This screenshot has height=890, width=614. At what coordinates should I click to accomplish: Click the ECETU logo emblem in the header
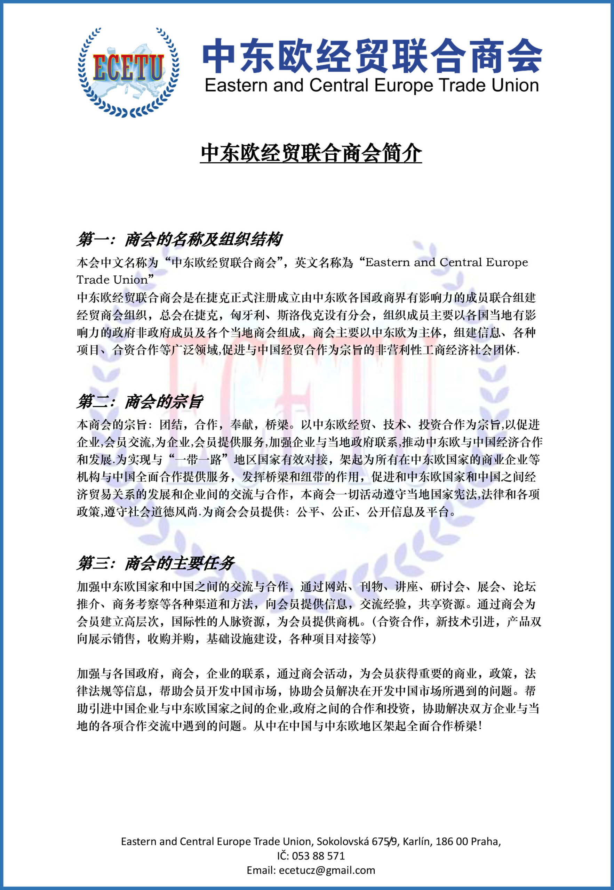pyautogui.click(x=128, y=72)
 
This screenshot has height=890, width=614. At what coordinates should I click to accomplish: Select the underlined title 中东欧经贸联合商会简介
pyautogui.click(x=311, y=153)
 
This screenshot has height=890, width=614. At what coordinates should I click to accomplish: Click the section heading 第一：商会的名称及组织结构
pyautogui.click(x=180, y=240)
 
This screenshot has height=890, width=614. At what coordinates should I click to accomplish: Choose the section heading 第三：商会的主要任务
pyautogui.click(x=156, y=564)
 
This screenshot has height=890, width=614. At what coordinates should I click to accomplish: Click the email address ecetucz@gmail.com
pyautogui.click(x=327, y=870)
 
